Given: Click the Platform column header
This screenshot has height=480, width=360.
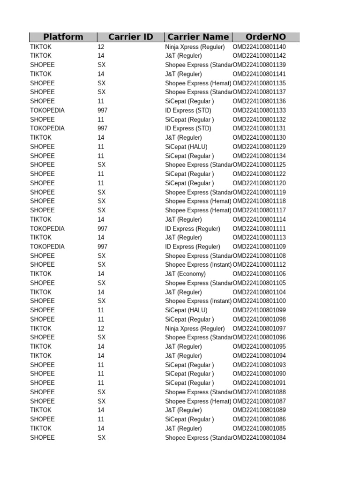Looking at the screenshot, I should click(63, 37).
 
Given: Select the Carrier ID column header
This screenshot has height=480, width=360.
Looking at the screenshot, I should click(130, 37).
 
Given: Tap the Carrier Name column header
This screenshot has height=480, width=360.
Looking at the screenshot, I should click(198, 37).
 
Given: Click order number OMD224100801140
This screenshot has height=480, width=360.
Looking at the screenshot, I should click(259, 47).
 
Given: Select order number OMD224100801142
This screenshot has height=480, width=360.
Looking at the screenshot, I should click(259, 56).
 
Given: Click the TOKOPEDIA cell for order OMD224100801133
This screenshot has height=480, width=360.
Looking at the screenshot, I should click(47, 110).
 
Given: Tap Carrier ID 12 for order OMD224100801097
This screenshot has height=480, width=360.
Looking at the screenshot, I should click(101, 329).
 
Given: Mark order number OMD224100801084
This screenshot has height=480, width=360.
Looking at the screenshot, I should click(259, 438).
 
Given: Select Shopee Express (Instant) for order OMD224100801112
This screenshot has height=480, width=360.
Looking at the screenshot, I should click(198, 265).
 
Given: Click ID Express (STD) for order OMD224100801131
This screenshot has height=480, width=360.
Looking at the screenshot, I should click(188, 128).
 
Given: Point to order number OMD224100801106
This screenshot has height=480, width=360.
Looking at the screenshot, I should click(259, 274).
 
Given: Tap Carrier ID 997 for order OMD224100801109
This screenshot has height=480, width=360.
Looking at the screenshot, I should click(102, 247).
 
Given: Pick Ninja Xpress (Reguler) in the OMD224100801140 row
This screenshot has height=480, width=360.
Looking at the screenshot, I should click(195, 47).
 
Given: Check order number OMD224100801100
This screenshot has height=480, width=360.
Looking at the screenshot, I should click(259, 301).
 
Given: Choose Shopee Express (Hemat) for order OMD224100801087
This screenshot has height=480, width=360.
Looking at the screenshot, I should click(198, 401).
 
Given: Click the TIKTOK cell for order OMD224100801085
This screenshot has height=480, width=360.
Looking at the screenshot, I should click(41, 428).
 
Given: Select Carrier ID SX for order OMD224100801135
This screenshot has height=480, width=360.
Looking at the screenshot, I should click(101, 83).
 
